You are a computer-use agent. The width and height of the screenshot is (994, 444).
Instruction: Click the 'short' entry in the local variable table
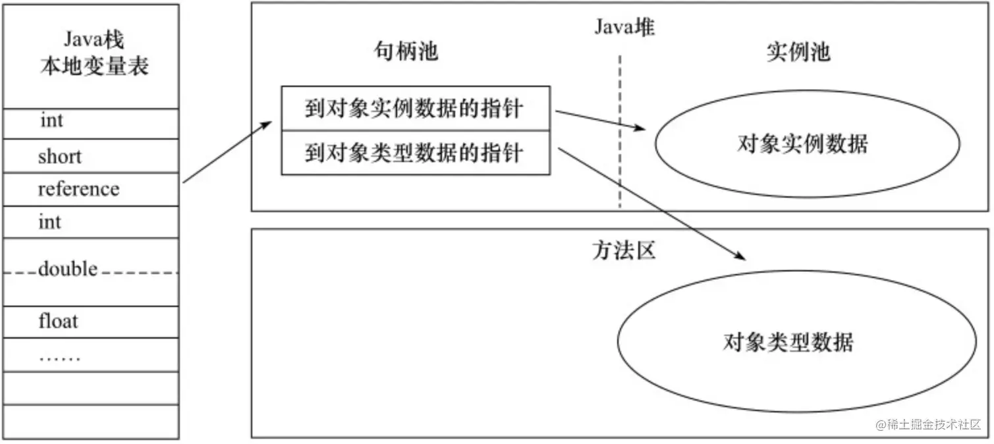(x=60, y=157)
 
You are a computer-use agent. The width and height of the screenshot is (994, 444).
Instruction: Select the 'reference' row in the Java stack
(x=78, y=189)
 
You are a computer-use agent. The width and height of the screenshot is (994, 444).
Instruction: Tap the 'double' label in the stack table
(x=68, y=269)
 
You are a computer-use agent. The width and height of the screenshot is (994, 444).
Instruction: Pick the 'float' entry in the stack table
(x=58, y=321)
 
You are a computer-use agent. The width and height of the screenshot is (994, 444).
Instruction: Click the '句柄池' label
(x=406, y=52)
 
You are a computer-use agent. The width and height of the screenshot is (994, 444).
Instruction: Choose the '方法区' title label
(x=623, y=250)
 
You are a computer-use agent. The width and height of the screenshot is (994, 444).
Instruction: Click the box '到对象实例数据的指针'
(x=415, y=108)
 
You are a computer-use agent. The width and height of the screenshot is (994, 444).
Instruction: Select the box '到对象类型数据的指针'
(x=415, y=153)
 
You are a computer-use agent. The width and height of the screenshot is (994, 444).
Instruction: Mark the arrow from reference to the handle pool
(x=227, y=152)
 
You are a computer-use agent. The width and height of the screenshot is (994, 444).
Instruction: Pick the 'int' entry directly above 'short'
(x=51, y=121)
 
